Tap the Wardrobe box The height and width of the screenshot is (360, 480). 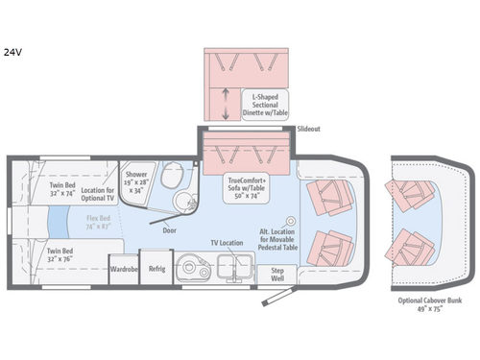click(123, 269)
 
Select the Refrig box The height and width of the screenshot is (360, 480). click(156, 269)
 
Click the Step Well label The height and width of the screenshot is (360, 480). click(278, 273)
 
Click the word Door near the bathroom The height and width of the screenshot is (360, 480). click(170, 230)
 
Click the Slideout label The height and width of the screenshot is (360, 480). click(309, 127)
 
